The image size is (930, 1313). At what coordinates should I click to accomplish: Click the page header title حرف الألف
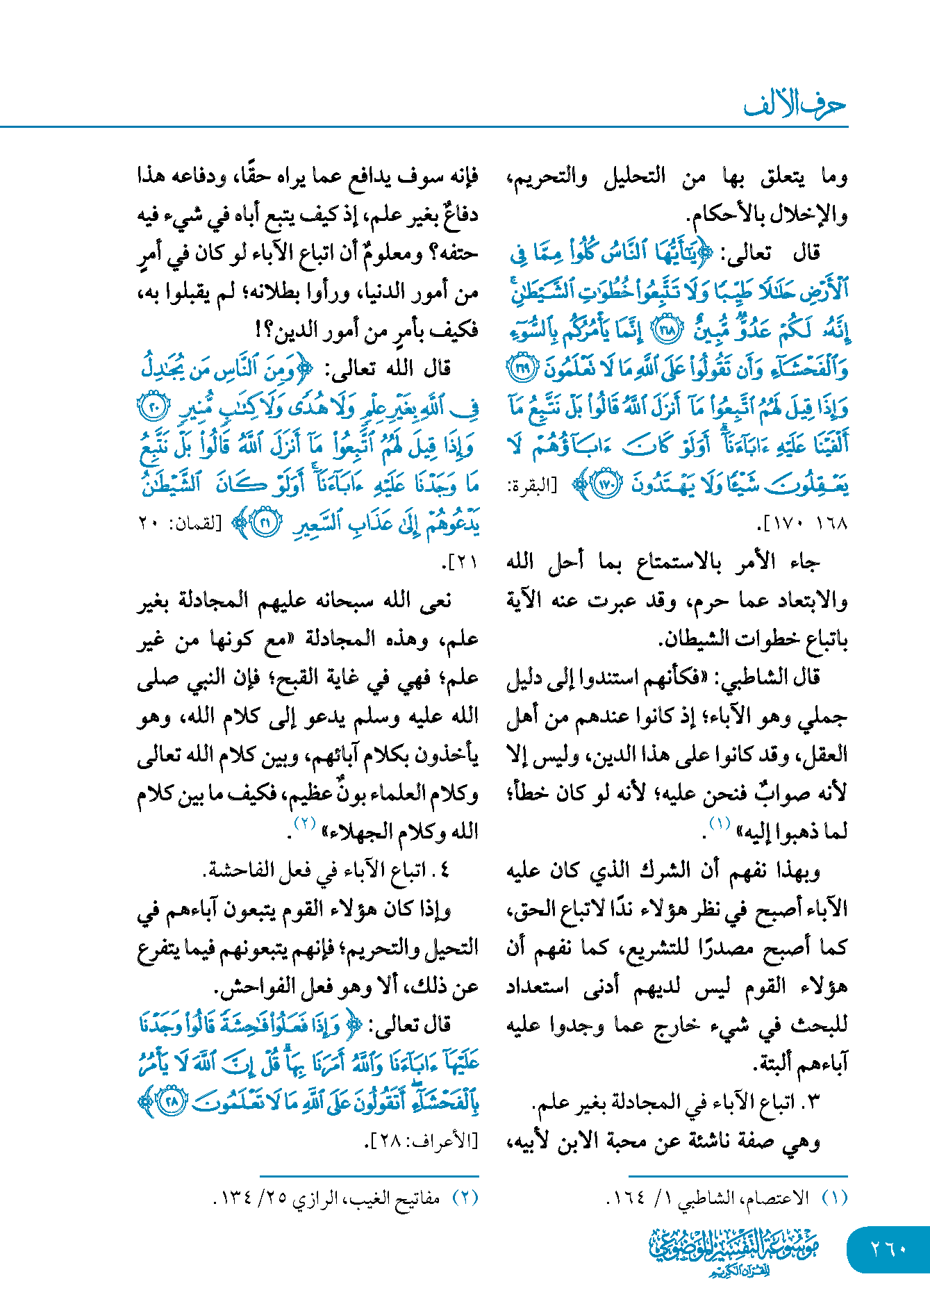pyautogui.click(x=795, y=105)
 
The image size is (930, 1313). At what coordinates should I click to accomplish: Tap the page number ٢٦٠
pyautogui.click(x=888, y=1248)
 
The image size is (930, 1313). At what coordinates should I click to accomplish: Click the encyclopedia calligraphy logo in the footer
pyautogui.click(x=733, y=1251)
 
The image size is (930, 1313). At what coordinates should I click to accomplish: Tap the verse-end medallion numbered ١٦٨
pyautogui.click(x=668, y=331)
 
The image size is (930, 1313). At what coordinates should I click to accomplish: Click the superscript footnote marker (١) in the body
pyautogui.click(x=719, y=824)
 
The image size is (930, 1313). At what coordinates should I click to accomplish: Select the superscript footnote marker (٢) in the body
pyautogui.click(x=306, y=824)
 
